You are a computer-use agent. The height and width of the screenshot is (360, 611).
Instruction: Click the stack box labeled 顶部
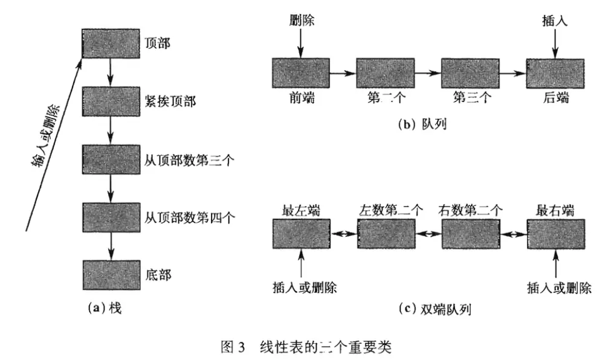click(110, 43)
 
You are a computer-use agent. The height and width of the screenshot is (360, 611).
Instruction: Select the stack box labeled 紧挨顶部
click(110, 101)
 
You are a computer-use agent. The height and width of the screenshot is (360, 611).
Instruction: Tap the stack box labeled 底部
click(110, 275)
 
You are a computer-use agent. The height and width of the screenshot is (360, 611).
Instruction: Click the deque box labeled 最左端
click(300, 234)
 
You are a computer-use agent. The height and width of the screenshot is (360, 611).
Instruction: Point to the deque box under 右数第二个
click(470, 234)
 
